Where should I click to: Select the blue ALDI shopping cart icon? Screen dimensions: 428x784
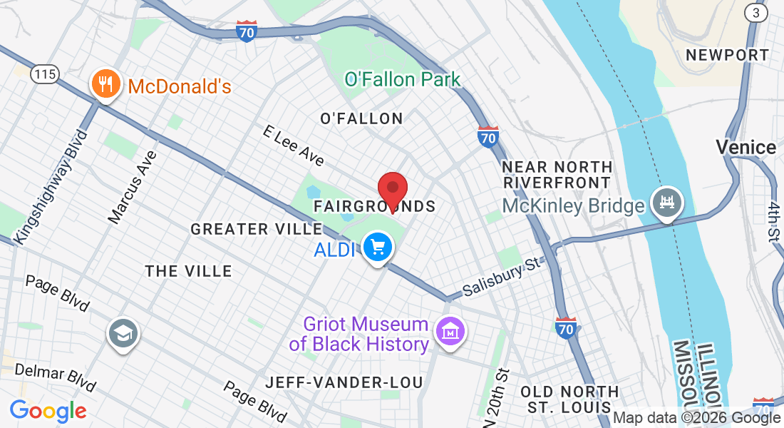pyautogui.click(x=377, y=248)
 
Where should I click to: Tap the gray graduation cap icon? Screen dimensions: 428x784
pyautogui.click(x=123, y=333)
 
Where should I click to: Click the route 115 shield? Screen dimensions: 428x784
pyautogui.click(x=43, y=73)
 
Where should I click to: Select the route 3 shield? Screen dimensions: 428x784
pyautogui.click(x=755, y=12)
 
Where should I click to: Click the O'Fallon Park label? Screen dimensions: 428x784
pyautogui.click(x=403, y=79)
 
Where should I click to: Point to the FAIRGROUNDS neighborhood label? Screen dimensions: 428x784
pyautogui.click(x=374, y=206)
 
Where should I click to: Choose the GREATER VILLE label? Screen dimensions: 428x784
pyautogui.click(x=257, y=229)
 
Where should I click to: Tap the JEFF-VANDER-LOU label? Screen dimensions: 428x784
pyautogui.click(x=344, y=382)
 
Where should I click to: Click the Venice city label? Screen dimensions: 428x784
pyautogui.click(x=746, y=148)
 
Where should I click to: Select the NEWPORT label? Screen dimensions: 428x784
pyautogui.click(x=727, y=55)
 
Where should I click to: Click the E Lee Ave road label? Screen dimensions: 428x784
pyautogui.click(x=294, y=146)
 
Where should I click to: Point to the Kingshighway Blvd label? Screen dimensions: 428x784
pyautogui.click(x=51, y=187)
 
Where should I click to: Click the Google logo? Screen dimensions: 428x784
pyautogui.click(x=48, y=411)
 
